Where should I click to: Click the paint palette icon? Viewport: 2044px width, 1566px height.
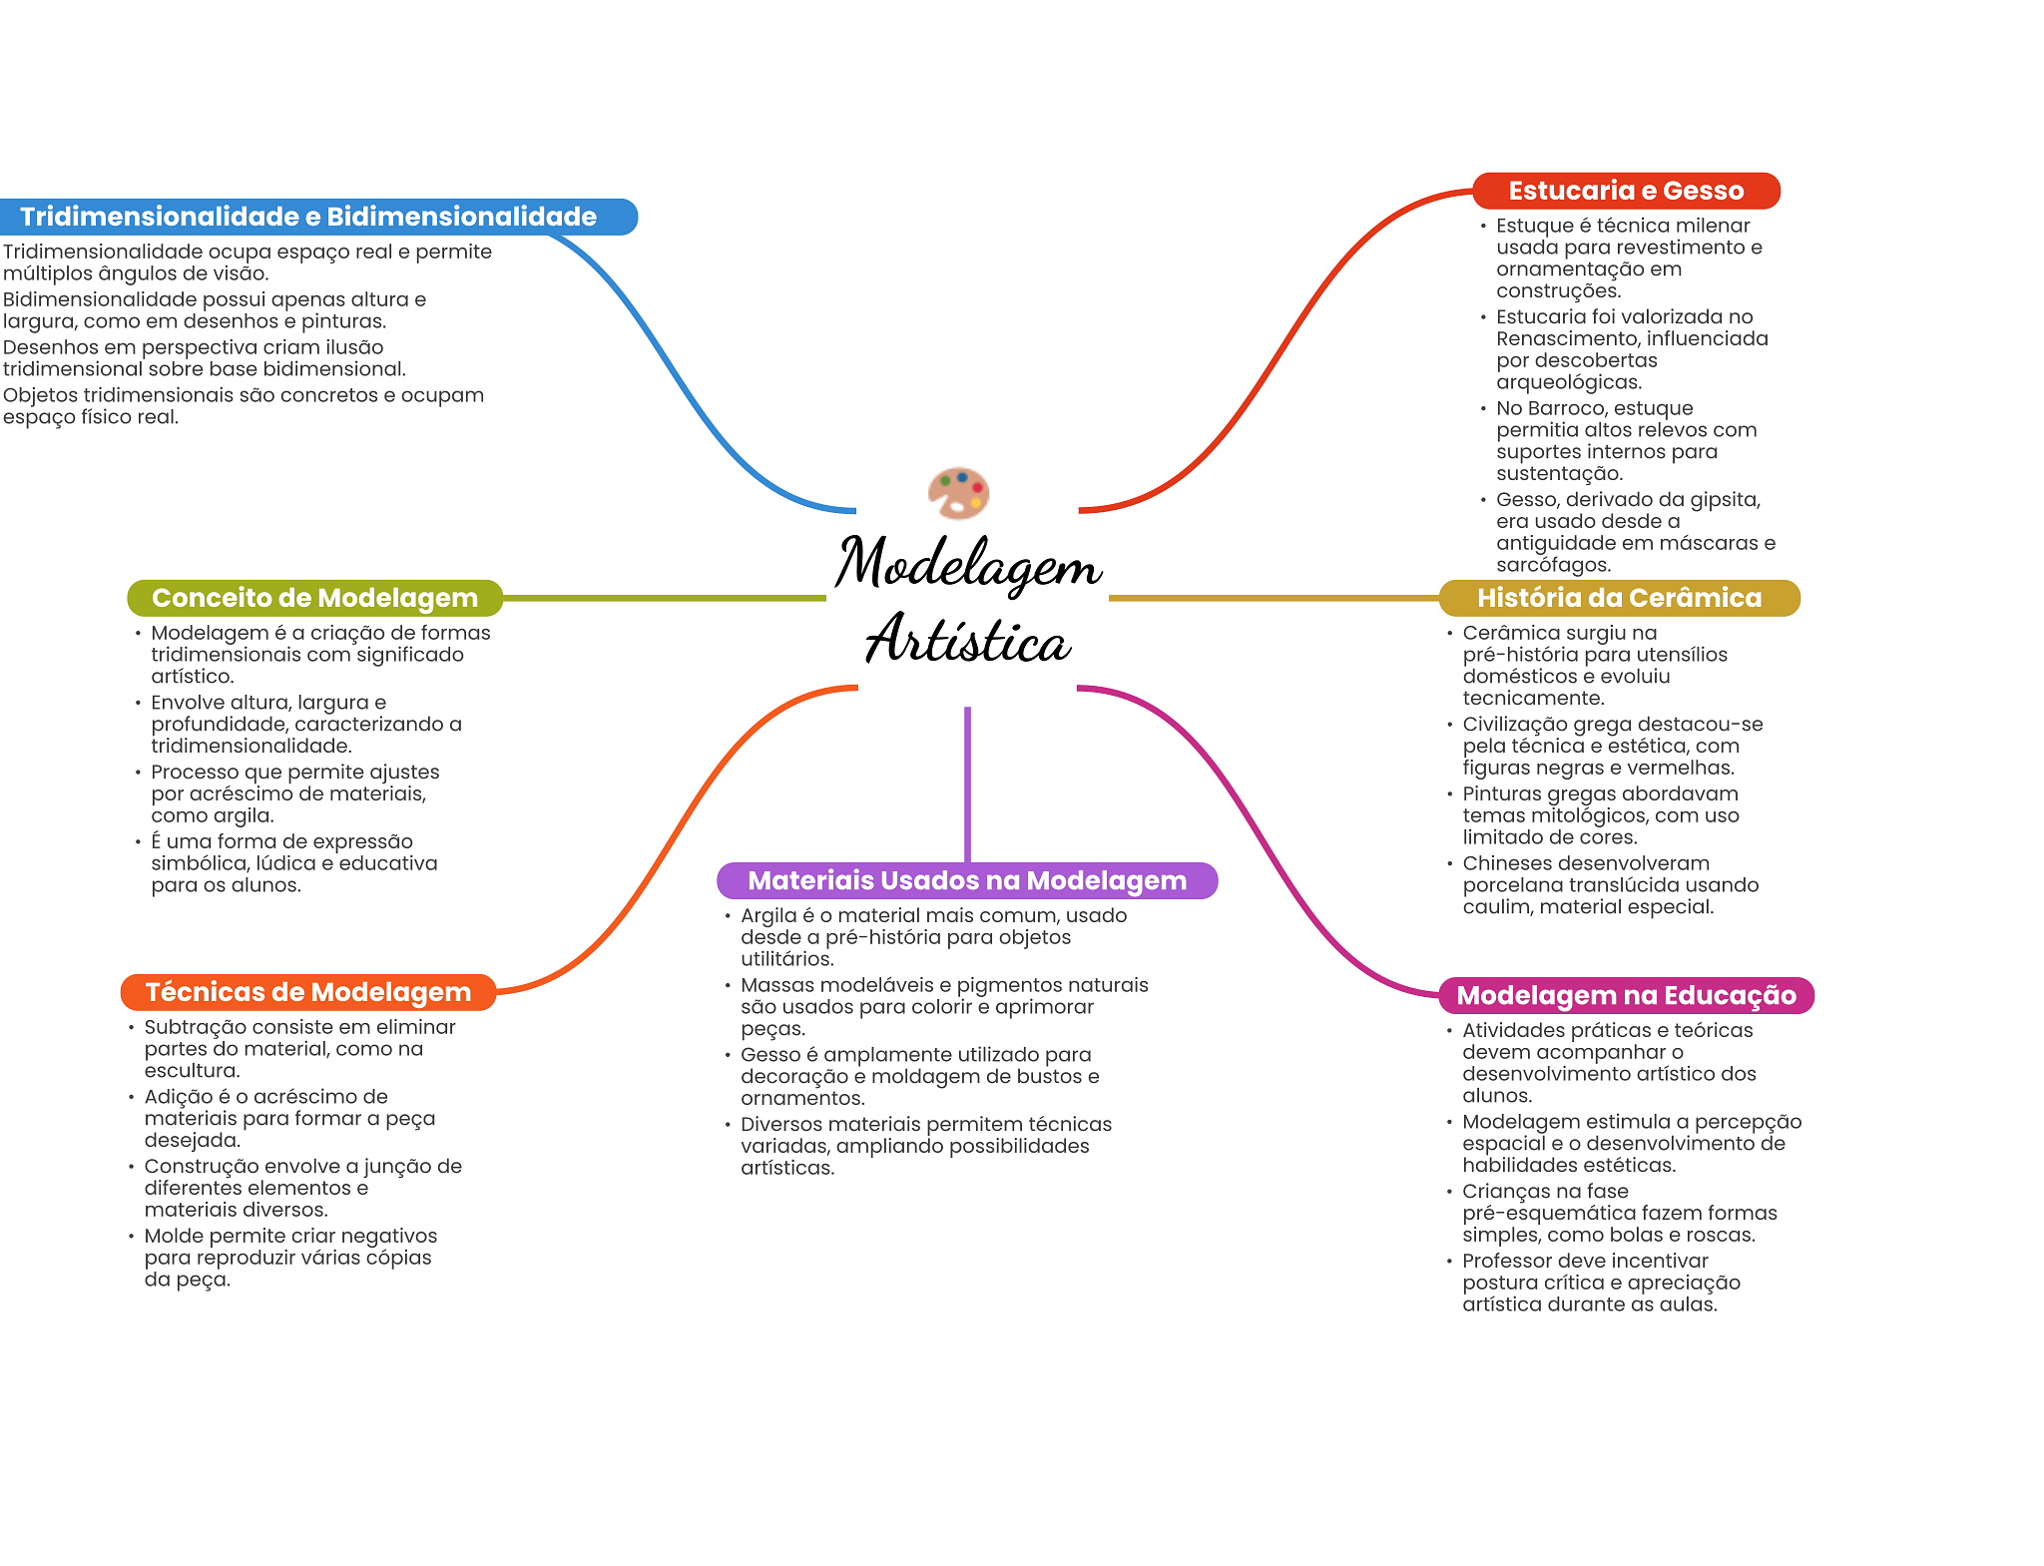pos(958,493)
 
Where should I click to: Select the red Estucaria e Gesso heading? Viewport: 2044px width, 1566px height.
pos(1626,191)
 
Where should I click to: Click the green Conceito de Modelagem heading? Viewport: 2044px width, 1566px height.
pos(314,598)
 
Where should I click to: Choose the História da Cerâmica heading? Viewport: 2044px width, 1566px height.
pos(1619,598)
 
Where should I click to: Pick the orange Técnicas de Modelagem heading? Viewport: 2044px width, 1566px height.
pos(308,992)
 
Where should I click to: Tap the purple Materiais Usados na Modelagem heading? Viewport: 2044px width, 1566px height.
pos(967,880)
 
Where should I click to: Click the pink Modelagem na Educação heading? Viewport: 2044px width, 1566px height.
pos(1626,995)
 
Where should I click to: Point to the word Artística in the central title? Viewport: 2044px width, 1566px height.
pos(968,639)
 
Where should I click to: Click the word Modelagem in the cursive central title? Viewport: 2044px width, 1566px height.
pos(968,564)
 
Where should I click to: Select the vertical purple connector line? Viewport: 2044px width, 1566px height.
pos(967,784)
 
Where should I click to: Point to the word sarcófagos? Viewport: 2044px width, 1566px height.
pos(1553,565)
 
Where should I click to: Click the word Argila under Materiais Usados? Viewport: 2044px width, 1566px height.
pos(768,916)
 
